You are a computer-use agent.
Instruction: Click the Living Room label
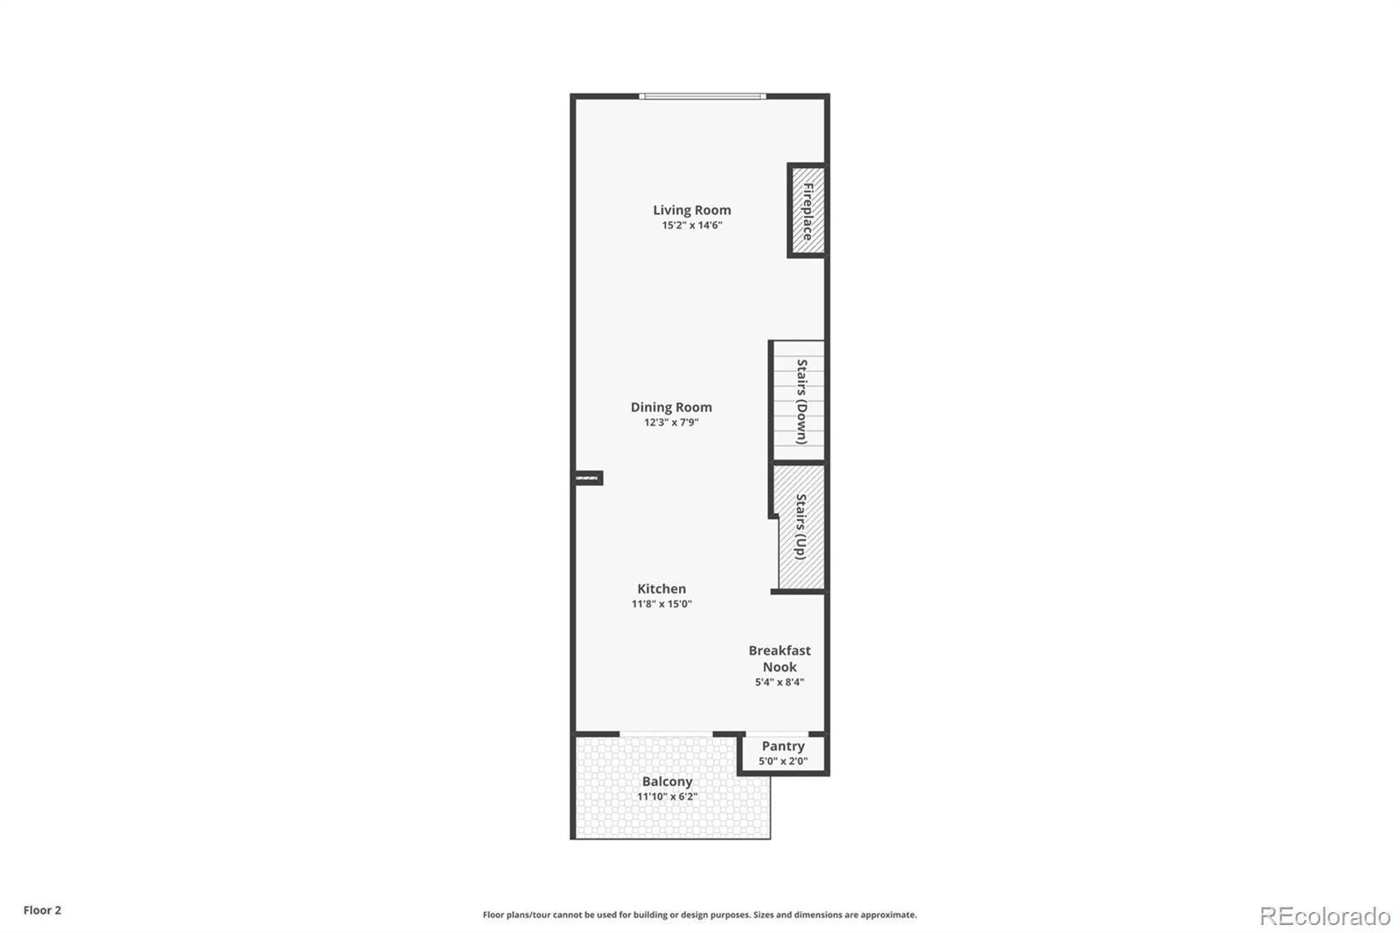coord(692,210)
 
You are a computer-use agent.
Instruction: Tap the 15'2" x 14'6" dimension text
coord(692,225)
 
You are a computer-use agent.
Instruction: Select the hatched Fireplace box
coord(807,211)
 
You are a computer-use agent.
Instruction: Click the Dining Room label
coord(671,407)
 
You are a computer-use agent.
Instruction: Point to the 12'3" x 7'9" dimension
coord(671,422)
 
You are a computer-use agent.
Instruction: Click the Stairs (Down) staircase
coord(799,401)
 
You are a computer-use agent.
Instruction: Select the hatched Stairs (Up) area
coord(801,527)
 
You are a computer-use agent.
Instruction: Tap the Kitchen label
coord(661,588)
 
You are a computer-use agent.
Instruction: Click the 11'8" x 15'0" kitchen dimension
coord(661,603)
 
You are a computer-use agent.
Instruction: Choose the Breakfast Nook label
coord(780,658)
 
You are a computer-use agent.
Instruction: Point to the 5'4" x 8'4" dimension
coord(780,682)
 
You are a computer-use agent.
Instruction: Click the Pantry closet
coord(783,754)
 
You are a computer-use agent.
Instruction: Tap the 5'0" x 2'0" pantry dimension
coord(783,761)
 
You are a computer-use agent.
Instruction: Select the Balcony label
coord(667,782)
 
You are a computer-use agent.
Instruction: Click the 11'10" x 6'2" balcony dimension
coord(667,796)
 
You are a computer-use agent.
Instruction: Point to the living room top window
coord(703,96)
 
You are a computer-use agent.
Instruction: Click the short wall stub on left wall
coord(589,479)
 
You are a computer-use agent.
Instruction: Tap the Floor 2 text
coord(43,910)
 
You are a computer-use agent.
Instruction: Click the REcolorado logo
coord(1325,916)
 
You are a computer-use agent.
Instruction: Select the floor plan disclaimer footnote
coord(699,915)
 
